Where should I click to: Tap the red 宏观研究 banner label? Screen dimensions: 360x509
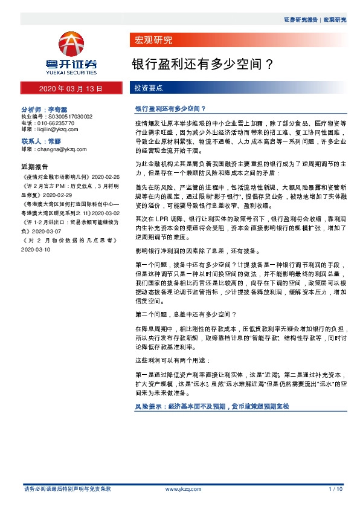[x=152, y=41]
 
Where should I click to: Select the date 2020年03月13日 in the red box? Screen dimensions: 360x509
[x=71, y=88]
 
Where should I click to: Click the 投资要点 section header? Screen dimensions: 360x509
[x=148, y=88]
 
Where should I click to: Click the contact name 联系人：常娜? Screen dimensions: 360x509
[x=41, y=141]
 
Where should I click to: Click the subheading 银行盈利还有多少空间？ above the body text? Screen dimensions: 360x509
[x=171, y=109]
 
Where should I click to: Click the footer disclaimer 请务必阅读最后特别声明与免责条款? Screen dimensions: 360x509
[x=67, y=488]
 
